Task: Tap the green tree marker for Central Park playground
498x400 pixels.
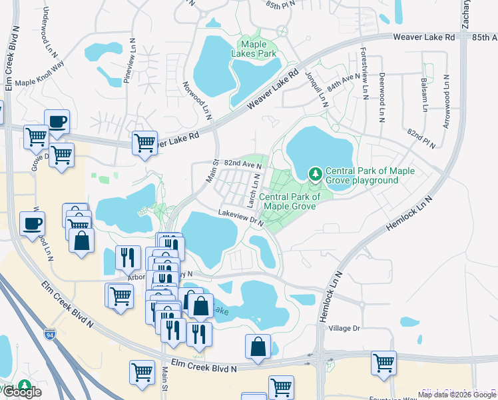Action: (x=315, y=175)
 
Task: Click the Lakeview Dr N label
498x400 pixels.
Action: (x=240, y=218)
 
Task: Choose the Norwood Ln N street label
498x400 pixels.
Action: (x=197, y=101)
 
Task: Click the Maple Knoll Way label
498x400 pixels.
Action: (x=39, y=83)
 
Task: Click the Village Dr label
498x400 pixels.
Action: (x=344, y=328)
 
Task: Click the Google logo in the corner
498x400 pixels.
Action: (x=21, y=392)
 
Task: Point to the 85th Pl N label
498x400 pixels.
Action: (x=279, y=5)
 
